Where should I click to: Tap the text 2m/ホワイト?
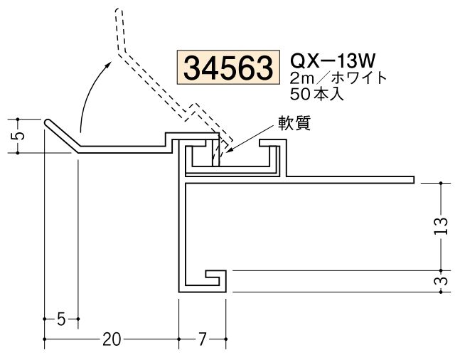pyautogui.click(x=338, y=78)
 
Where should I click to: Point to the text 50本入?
pyautogui.click(x=319, y=92)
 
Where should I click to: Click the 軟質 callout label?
pyautogui.click(x=293, y=122)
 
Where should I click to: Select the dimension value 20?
pyautogui.click(x=110, y=339)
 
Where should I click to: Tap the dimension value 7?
pyautogui.click(x=202, y=339)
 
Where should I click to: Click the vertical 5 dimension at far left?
pyautogui.click(x=19, y=135)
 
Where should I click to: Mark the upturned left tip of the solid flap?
pyautogui.click(x=48, y=122)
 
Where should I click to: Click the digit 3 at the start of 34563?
pyautogui.click(x=193, y=68)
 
